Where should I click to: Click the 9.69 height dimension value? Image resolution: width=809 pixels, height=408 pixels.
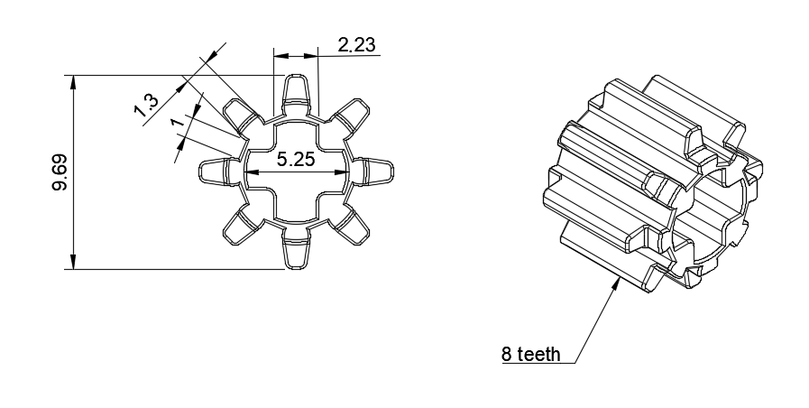coord(60,172)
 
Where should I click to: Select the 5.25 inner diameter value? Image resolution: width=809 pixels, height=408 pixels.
coord(296,159)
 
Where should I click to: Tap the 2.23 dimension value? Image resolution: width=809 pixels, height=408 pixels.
coord(356,45)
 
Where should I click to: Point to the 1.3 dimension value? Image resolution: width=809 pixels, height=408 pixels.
coord(146,106)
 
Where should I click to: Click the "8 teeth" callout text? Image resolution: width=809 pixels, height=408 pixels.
coord(530,354)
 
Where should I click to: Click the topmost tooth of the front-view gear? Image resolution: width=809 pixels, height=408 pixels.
coord(296,93)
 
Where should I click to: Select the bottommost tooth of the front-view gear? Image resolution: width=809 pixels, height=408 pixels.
coord(296,251)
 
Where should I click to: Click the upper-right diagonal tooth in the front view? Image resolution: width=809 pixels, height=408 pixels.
coord(350,116)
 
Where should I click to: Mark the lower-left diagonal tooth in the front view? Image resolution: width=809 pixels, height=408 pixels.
coord(242,226)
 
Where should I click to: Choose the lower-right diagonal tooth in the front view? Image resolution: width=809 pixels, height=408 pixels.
coord(351,226)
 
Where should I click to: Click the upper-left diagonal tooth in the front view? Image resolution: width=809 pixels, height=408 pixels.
coord(242,116)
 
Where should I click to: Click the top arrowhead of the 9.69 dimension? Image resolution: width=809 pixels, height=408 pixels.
coord(74,83)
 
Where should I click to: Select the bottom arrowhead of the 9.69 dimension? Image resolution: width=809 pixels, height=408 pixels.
coord(74,262)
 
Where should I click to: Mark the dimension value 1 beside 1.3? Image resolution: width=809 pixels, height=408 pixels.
coord(177,122)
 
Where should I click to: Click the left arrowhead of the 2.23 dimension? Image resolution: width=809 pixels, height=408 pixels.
coord(281,55)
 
